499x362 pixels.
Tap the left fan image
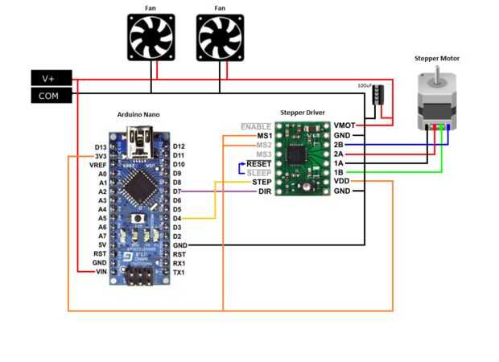click(x=151, y=39)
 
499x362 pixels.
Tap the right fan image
click(x=220, y=39)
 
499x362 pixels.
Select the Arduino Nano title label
click(x=138, y=114)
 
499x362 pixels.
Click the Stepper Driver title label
click(x=304, y=113)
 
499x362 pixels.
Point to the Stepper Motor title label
click(x=437, y=59)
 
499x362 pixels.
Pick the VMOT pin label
click(x=343, y=126)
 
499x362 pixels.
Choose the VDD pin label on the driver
click(x=341, y=182)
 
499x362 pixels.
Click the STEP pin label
click(x=262, y=182)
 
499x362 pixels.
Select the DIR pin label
click(x=264, y=191)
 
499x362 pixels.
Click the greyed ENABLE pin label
click(x=256, y=126)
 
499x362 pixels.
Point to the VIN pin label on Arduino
click(x=100, y=272)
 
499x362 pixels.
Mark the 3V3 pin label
click(x=100, y=156)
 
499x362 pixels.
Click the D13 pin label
click(x=100, y=147)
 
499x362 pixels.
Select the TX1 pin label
click(x=179, y=272)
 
